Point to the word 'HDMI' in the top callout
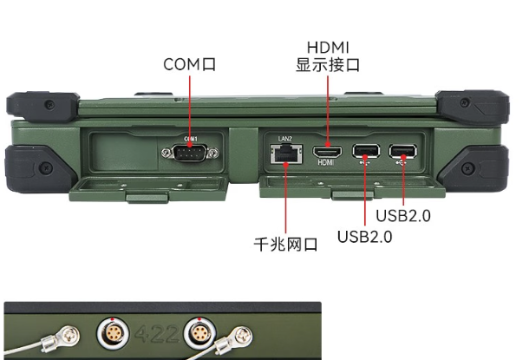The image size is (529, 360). click(x=328, y=46)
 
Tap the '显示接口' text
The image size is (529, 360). click(x=328, y=65)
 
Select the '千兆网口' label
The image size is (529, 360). click(x=284, y=245)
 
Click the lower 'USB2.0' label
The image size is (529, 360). click(x=365, y=236)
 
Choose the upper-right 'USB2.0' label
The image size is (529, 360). click(x=403, y=215)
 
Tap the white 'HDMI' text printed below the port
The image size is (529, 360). click(x=327, y=162)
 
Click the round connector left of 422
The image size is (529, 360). click(x=114, y=333)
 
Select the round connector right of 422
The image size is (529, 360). click(x=198, y=333)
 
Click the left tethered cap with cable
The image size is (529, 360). click(x=68, y=334)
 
